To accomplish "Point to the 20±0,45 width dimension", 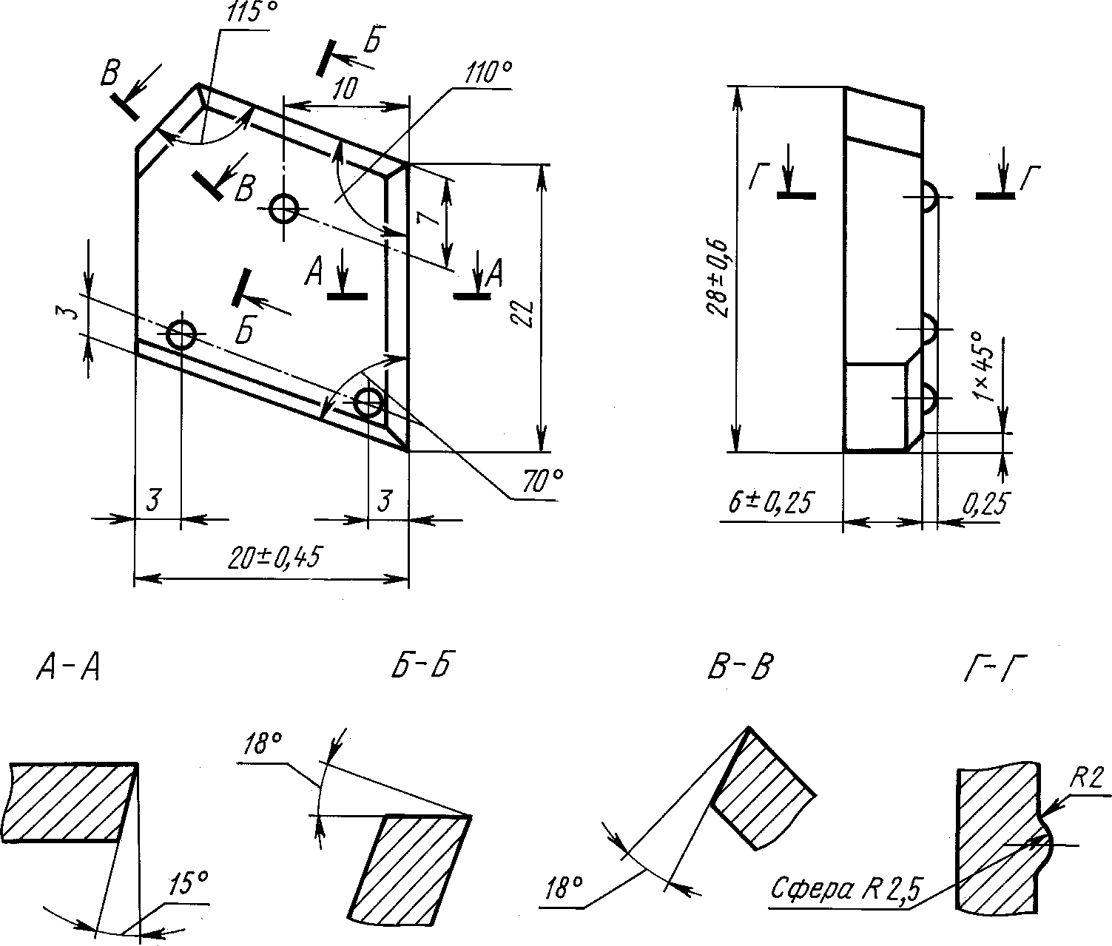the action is tap(273, 558).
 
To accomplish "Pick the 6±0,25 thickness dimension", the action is tap(769, 503).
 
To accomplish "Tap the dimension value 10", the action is tap(343, 88).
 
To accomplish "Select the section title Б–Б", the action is tap(421, 666).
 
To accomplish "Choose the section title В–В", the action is tap(741, 667).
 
